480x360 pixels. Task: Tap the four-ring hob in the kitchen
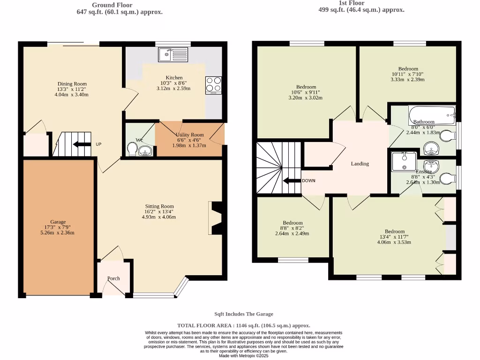(x=213, y=84)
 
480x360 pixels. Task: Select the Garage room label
(x=59, y=222)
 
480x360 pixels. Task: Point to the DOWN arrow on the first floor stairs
(x=292, y=181)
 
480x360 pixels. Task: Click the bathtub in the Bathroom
(x=432, y=113)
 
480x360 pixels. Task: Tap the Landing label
(x=360, y=164)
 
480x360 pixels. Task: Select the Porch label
(x=113, y=278)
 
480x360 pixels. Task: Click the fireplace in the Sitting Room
(x=216, y=217)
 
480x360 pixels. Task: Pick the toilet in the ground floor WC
(x=133, y=150)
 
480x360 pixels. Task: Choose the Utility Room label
(x=190, y=135)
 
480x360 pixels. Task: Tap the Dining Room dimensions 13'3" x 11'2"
(x=72, y=89)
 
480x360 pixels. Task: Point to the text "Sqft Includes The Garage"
(x=243, y=314)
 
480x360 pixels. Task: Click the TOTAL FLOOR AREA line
(x=243, y=325)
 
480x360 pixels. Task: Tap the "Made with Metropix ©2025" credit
(x=243, y=356)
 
